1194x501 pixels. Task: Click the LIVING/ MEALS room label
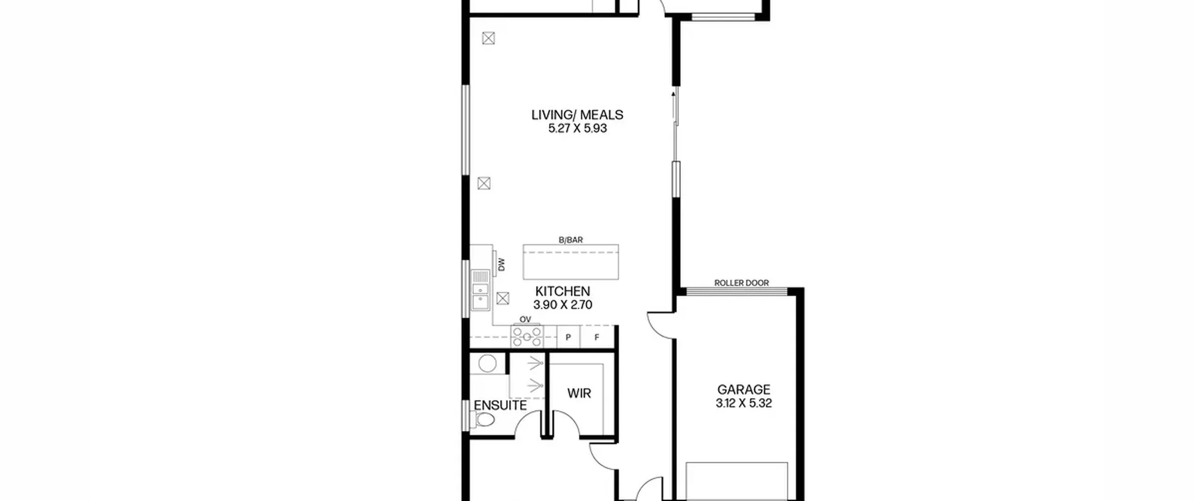click(x=577, y=115)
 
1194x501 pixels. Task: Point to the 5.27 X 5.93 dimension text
click(x=577, y=128)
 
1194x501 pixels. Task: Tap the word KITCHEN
click(x=562, y=291)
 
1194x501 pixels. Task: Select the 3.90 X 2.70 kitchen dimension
click(x=562, y=305)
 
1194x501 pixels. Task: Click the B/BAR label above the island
click(x=570, y=240)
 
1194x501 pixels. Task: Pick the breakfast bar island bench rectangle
click(x=570, y=262)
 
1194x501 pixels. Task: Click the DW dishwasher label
click(x=501, y=265)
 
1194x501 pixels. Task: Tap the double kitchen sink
click(x=480, y=289)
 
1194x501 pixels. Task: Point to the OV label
click(x=525, y=319)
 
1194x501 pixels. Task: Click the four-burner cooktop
click(x=527, y=336)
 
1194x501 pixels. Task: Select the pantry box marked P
click(x=569, y=336)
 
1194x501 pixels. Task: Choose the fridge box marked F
click(x=597, y=336)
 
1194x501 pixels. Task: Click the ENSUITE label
click(x=500, y=405)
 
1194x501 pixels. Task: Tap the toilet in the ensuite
click(x=483, y=420)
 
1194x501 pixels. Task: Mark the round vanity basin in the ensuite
click(x=487, y=364)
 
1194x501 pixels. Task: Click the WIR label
click(x=579, y=393)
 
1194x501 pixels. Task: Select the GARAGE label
click(x=743, y=390)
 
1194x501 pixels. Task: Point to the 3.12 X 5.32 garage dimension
click(x=743, y=403)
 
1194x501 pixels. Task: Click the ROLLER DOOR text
click(x=741, y=283)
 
